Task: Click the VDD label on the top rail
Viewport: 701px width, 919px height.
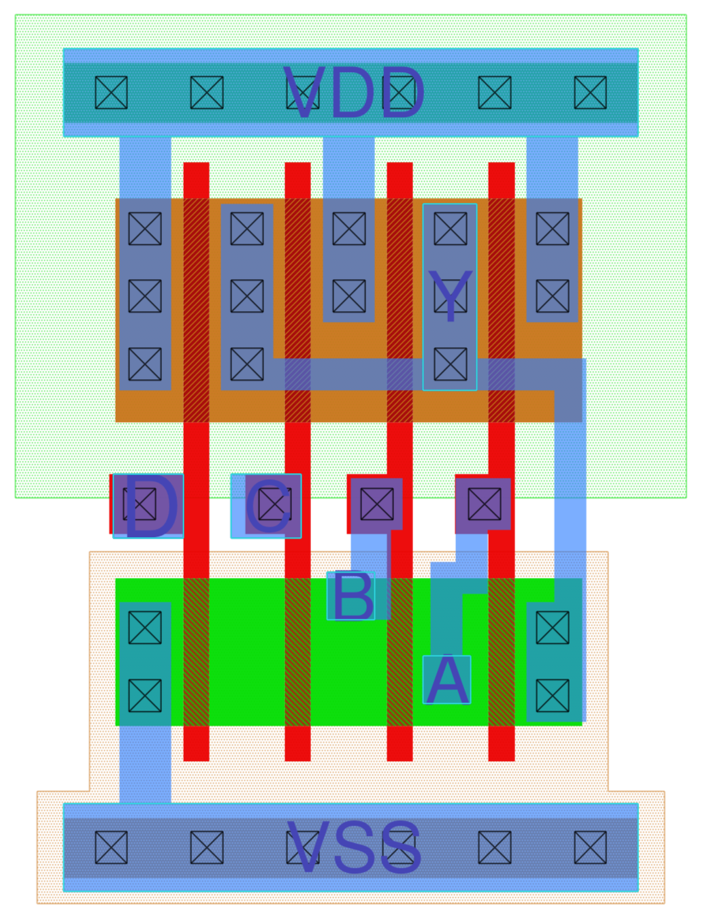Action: tap(354, 93)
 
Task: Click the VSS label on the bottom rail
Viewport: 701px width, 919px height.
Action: tap(354, 848)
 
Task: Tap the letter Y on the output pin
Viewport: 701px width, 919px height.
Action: tap(450, 296)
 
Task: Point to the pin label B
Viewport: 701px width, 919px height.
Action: tap(351, 596)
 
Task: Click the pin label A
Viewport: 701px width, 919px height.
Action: tap(447, 680)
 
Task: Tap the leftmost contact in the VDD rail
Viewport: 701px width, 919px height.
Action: tap(111, 93)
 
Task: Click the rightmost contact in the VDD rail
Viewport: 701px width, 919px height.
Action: tap(590, 93)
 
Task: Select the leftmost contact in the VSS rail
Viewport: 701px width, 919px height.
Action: tap(111, 848)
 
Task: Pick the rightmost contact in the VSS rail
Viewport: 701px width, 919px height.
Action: tap(590, 848)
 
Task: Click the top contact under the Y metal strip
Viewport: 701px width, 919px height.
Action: tap(450, 229)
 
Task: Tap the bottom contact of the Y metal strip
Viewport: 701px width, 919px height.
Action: tap(450, 364)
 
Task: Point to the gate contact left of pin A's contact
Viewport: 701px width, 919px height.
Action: tap(376, 504)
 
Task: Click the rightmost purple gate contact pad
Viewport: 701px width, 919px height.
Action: tap(484, 504)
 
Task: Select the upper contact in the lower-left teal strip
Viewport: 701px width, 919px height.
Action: tap(145, 628)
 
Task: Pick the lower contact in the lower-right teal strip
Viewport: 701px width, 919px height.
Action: tap(552, 696)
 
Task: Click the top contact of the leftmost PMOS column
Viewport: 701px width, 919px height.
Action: tap(145, 229)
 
